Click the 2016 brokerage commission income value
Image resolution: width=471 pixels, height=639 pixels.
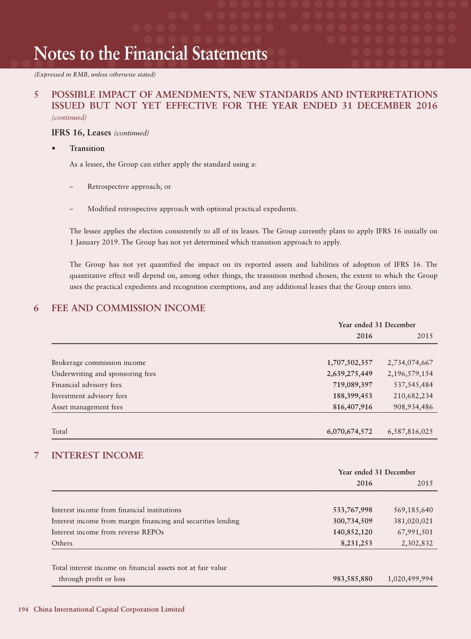click(x=349, y=362)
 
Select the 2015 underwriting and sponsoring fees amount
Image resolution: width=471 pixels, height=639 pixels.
click(x=410, y=374)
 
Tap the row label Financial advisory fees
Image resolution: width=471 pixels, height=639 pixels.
click(x=87, y=385)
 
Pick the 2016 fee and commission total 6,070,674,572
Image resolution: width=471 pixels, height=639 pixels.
click(x=349, y=431)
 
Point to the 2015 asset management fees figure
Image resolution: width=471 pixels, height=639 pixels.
click(x=410, y=407)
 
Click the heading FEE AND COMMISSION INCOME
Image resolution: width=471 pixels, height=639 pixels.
click(x=129, y=308)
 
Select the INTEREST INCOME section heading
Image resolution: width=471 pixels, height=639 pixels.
click(x=97, y=455)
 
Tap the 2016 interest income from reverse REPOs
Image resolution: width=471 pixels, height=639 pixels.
click(x=352, y=532)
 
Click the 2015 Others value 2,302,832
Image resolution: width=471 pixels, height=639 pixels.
click(x=417, y=543)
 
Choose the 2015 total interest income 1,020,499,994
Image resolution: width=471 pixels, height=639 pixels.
click(x=410, y=578)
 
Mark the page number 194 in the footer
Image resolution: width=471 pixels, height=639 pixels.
click(x=23, y=609)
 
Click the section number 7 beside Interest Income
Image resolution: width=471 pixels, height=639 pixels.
click(x=36, y=455)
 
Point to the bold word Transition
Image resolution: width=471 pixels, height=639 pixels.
click(x=87, y=148)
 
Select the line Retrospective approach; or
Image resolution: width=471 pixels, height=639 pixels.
click(x=129, y=186)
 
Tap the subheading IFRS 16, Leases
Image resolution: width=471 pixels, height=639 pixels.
click(x=81, y=133)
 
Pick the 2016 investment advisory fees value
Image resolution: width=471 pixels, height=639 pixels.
click(x=352, y=396)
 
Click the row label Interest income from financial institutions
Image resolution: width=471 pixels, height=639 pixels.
click(x=116, y=510)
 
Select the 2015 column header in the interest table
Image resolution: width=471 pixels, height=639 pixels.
click(x=425, y=483)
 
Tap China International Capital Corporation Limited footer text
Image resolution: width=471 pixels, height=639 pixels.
click(x=109, y=609)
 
